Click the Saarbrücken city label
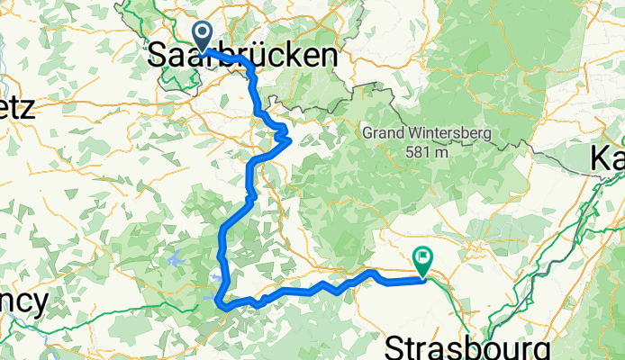point(243,56)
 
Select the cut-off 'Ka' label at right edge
point(608,158)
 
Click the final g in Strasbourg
point(541,349)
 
